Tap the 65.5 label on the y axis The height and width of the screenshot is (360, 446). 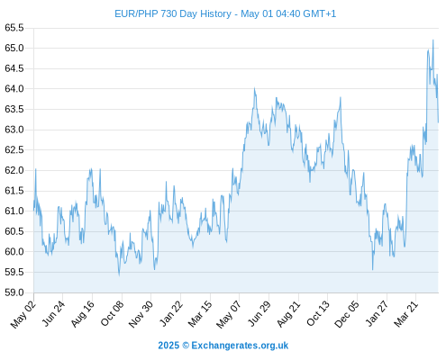(14, 28)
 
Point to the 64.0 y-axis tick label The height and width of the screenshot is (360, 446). (14, 89)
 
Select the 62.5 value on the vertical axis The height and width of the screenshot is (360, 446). (14, 149)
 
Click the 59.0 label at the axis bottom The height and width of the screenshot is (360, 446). (14, 292)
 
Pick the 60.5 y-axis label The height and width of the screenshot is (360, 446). (14, 231)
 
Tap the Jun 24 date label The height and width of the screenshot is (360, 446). (53, 313)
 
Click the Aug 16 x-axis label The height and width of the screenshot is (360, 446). (83, 313)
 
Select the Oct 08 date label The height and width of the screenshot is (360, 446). (112, 313)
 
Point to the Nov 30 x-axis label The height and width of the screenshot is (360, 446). (141, 314)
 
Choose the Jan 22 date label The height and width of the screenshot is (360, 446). (171, 313)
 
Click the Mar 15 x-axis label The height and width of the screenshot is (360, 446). (200, 314)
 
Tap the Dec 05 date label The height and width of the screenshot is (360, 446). (347, 314)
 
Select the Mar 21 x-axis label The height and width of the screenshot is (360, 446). (406, 314)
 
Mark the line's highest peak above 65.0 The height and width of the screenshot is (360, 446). (432, 40)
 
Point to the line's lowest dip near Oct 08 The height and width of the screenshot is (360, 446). (119, 274)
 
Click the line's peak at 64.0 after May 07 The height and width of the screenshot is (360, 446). (254, 88)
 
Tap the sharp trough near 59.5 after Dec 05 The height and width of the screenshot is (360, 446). (372, 269)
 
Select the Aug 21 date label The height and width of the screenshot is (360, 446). (288, 313)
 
